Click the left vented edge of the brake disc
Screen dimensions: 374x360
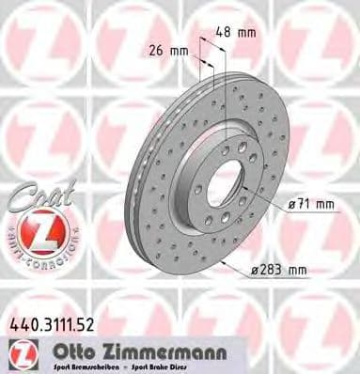(x=150, y=179)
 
